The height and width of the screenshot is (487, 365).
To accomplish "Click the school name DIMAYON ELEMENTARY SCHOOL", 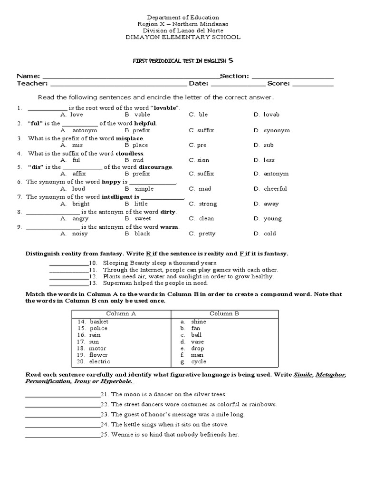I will click(182, 37).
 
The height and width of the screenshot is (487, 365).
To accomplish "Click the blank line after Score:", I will click(312, 85).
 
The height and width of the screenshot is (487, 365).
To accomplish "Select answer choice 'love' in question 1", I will click(77, 115).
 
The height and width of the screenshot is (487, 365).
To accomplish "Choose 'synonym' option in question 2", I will click(277, 130).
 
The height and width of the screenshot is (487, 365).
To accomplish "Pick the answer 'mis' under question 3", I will click(77, 145).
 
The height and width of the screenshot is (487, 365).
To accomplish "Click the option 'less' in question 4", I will click(269, 160).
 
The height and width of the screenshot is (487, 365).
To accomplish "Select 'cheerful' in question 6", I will click(275, 189).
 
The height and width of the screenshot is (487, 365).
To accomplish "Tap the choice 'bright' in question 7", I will click(80, 204).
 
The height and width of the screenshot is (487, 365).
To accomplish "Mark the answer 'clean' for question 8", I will click(206, 219).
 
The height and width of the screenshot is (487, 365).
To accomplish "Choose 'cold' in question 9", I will click(269, 234).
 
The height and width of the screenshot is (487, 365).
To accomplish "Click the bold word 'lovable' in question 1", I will click(165, 108).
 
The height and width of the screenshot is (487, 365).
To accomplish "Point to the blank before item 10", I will click(69, 263).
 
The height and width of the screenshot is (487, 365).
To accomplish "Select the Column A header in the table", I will click(121, 313).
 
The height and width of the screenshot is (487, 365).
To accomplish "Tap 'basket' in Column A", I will click(99, 321).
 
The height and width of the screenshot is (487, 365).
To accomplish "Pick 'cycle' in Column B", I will click(198, 361).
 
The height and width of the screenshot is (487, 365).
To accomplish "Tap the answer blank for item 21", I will click(62, 395).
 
